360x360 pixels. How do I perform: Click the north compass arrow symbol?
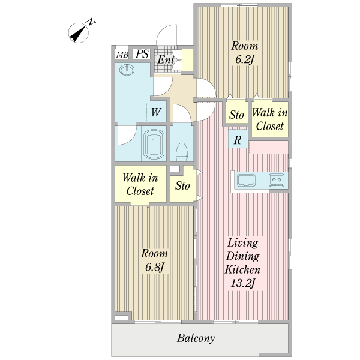pyautogui.click(x=79, y=33)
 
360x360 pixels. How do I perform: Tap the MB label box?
pyautogui.click(x=122, y=55)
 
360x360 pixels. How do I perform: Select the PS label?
pyautogui.click(x=142, y=54)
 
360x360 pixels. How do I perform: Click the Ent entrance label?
pyautogui.click(x=166, y=59)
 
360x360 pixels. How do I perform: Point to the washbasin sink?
pyautogui.click(x=127, y=70)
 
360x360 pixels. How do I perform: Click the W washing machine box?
pyautogui.click(x=156, y=112)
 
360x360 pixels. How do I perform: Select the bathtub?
pyautogui.click(x=154, y=145)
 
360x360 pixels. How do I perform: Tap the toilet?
pyautogui.click(x=182, y=152)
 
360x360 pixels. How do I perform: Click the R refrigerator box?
pyautogui.click(x=238, y=139)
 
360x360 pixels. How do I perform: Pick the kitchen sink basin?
pyautogui.click(x=246, y=180)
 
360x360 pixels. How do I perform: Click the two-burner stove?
pyautogui.click(x=277, y=180)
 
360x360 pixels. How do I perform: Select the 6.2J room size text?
pyautogui.click(x=244, y=60)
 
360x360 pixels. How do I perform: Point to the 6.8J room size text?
pyautogui.click(x=154, y=267)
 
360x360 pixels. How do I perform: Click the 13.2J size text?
pyautogui.click(x=243, y=283)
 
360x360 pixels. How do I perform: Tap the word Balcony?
pyautogui.click(x=196, y=338)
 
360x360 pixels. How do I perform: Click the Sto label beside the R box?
pyautogui.click(x=236, y=115)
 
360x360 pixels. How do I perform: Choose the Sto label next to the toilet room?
pyautogui.click(x=182, y=185)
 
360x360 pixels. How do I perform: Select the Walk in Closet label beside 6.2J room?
pyautogui.click(x=270, y=119)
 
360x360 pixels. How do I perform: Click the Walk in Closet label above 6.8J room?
pyautogui.click(x=140, y=184)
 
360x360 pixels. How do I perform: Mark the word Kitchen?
pyautogui.click(x=242, y=269)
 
